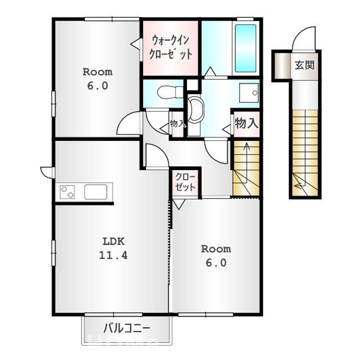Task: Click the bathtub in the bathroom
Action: click(x=245, y=48)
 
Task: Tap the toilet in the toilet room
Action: click(x=170, y=92)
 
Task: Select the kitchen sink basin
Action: click(x=95, y=191)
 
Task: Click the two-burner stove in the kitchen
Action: click(x=67, y=191)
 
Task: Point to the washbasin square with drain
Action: click(x=249, y=93)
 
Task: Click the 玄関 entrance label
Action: click(x=304, y=65)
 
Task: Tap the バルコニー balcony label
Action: click(x=126, y=328)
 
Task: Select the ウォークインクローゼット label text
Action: click(x=170, y=48)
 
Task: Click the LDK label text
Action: click(x=113, y=241)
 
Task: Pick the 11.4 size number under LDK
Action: click(x=113, y=255)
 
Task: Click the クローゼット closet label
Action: click(x=185, y=182)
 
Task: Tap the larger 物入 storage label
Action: click(x=246, y=123)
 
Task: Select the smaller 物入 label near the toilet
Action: click(x=177, y=124)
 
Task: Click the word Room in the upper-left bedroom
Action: click(x=97, y=72)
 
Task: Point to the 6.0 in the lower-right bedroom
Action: click(x=216, y=263)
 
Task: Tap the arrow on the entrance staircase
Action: click(x=300, y=184)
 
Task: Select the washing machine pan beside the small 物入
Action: click(x=194, y=115)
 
